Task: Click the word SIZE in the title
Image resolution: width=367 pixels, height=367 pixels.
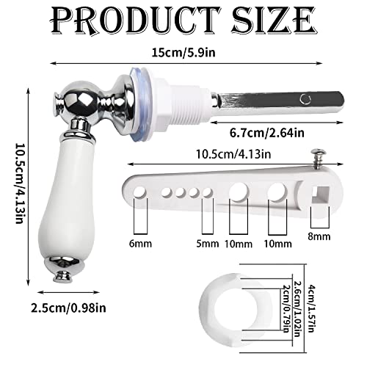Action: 274,21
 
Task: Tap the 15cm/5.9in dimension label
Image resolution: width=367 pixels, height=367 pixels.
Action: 183,53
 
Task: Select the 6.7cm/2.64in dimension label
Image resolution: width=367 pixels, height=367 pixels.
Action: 267,133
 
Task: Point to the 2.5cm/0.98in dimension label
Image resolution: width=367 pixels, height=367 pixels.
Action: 68,308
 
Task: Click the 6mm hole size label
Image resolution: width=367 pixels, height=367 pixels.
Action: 140,244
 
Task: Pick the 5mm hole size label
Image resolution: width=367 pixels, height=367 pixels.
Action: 208,244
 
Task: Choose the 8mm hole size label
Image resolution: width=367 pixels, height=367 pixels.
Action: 319,236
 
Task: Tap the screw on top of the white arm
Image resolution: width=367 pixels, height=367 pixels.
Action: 319,159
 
